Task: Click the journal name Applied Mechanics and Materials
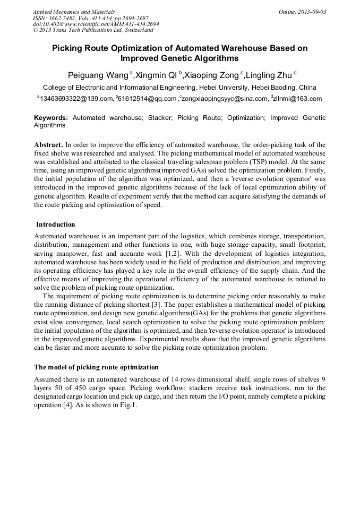(74, 11)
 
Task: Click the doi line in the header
(96, 24)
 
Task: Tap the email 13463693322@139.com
(76, 98)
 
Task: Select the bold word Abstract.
(48, 144)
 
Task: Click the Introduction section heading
(56, 225)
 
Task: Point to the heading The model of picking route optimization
(96, 367)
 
